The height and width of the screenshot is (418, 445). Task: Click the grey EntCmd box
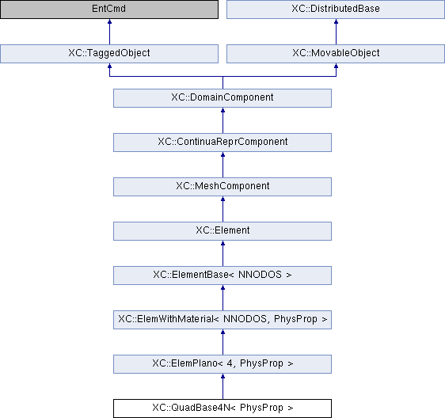[x=109, y=9]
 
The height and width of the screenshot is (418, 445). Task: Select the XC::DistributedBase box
[x=336, y=9]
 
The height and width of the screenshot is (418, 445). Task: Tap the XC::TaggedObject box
[x=109, y=54]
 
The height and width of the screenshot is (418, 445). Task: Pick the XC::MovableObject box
[x=336, y=54]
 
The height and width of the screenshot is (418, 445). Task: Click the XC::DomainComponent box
[x=222, y=98]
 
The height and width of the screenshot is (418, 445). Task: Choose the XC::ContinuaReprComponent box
[x=222, y=142]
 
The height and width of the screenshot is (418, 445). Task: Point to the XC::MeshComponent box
[x=222, y=187]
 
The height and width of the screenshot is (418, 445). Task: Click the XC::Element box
[x=222, y=231]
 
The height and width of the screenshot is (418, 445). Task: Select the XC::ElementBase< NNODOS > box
[x=222, y=275]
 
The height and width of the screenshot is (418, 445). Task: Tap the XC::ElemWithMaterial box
[x=222, y=320]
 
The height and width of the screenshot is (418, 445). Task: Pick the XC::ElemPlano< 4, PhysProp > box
[x=222, y=364]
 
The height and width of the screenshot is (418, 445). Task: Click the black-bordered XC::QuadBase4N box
[x=222, y=408]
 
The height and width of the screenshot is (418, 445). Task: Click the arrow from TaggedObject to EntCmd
[x=109, y=32]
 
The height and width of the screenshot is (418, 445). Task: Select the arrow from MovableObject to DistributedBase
[x=336, y=32]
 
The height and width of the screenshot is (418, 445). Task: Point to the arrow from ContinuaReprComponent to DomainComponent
[x=222, y=120]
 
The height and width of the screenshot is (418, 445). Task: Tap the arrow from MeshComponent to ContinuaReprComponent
[x=222, y=165]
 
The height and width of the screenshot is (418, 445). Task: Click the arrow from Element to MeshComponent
[x=222, y=209]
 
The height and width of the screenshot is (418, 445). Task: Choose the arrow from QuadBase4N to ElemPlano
[x=222, y=386]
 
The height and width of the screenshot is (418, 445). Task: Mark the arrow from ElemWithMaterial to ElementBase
[x=222, y=298]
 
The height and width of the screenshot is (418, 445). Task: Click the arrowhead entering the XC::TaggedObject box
[x=109, y=66]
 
